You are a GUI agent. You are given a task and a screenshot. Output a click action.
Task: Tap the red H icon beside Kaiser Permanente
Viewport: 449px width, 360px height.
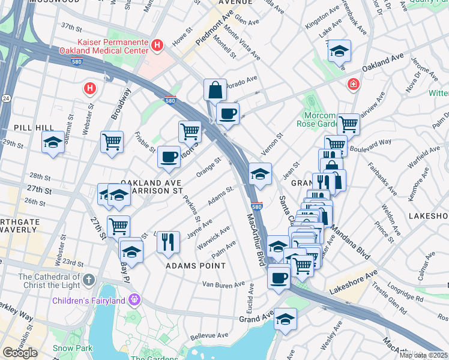click(157, 45)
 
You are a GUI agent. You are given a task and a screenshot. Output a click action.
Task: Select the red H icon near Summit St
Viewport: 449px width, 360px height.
click(89, 89)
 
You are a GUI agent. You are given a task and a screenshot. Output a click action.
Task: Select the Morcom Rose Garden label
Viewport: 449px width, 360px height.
click(316, 119)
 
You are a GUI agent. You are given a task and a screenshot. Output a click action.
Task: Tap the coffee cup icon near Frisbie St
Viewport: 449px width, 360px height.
click(169, 157)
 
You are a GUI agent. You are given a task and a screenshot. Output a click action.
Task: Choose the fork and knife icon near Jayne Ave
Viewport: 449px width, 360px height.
click(168, 241)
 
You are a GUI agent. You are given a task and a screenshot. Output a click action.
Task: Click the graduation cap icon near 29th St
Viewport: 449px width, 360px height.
click(53, 143)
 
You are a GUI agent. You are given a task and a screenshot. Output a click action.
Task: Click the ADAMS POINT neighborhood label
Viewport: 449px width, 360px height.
click(196, 265)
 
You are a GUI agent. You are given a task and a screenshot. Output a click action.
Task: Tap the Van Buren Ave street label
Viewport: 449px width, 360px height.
click(223, 284)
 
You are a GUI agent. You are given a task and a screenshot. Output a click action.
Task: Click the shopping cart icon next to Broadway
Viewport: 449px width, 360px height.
click(112, 142)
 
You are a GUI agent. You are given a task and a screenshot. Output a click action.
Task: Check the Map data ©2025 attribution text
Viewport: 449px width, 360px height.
click(423, 355)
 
